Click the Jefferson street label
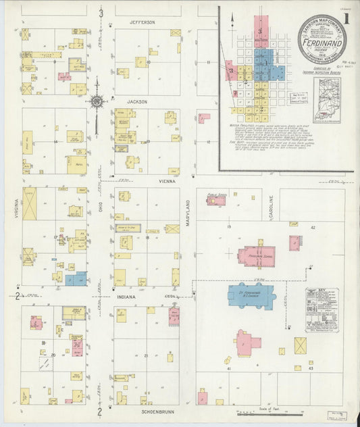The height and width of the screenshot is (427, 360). (143, 22)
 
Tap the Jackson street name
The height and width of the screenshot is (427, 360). (137, 101)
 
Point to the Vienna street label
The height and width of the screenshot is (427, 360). (167, 182)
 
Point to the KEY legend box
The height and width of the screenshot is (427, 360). (322, 309)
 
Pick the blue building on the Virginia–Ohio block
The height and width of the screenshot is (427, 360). (76, 278)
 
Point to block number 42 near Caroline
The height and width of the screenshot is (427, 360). (313, 228)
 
